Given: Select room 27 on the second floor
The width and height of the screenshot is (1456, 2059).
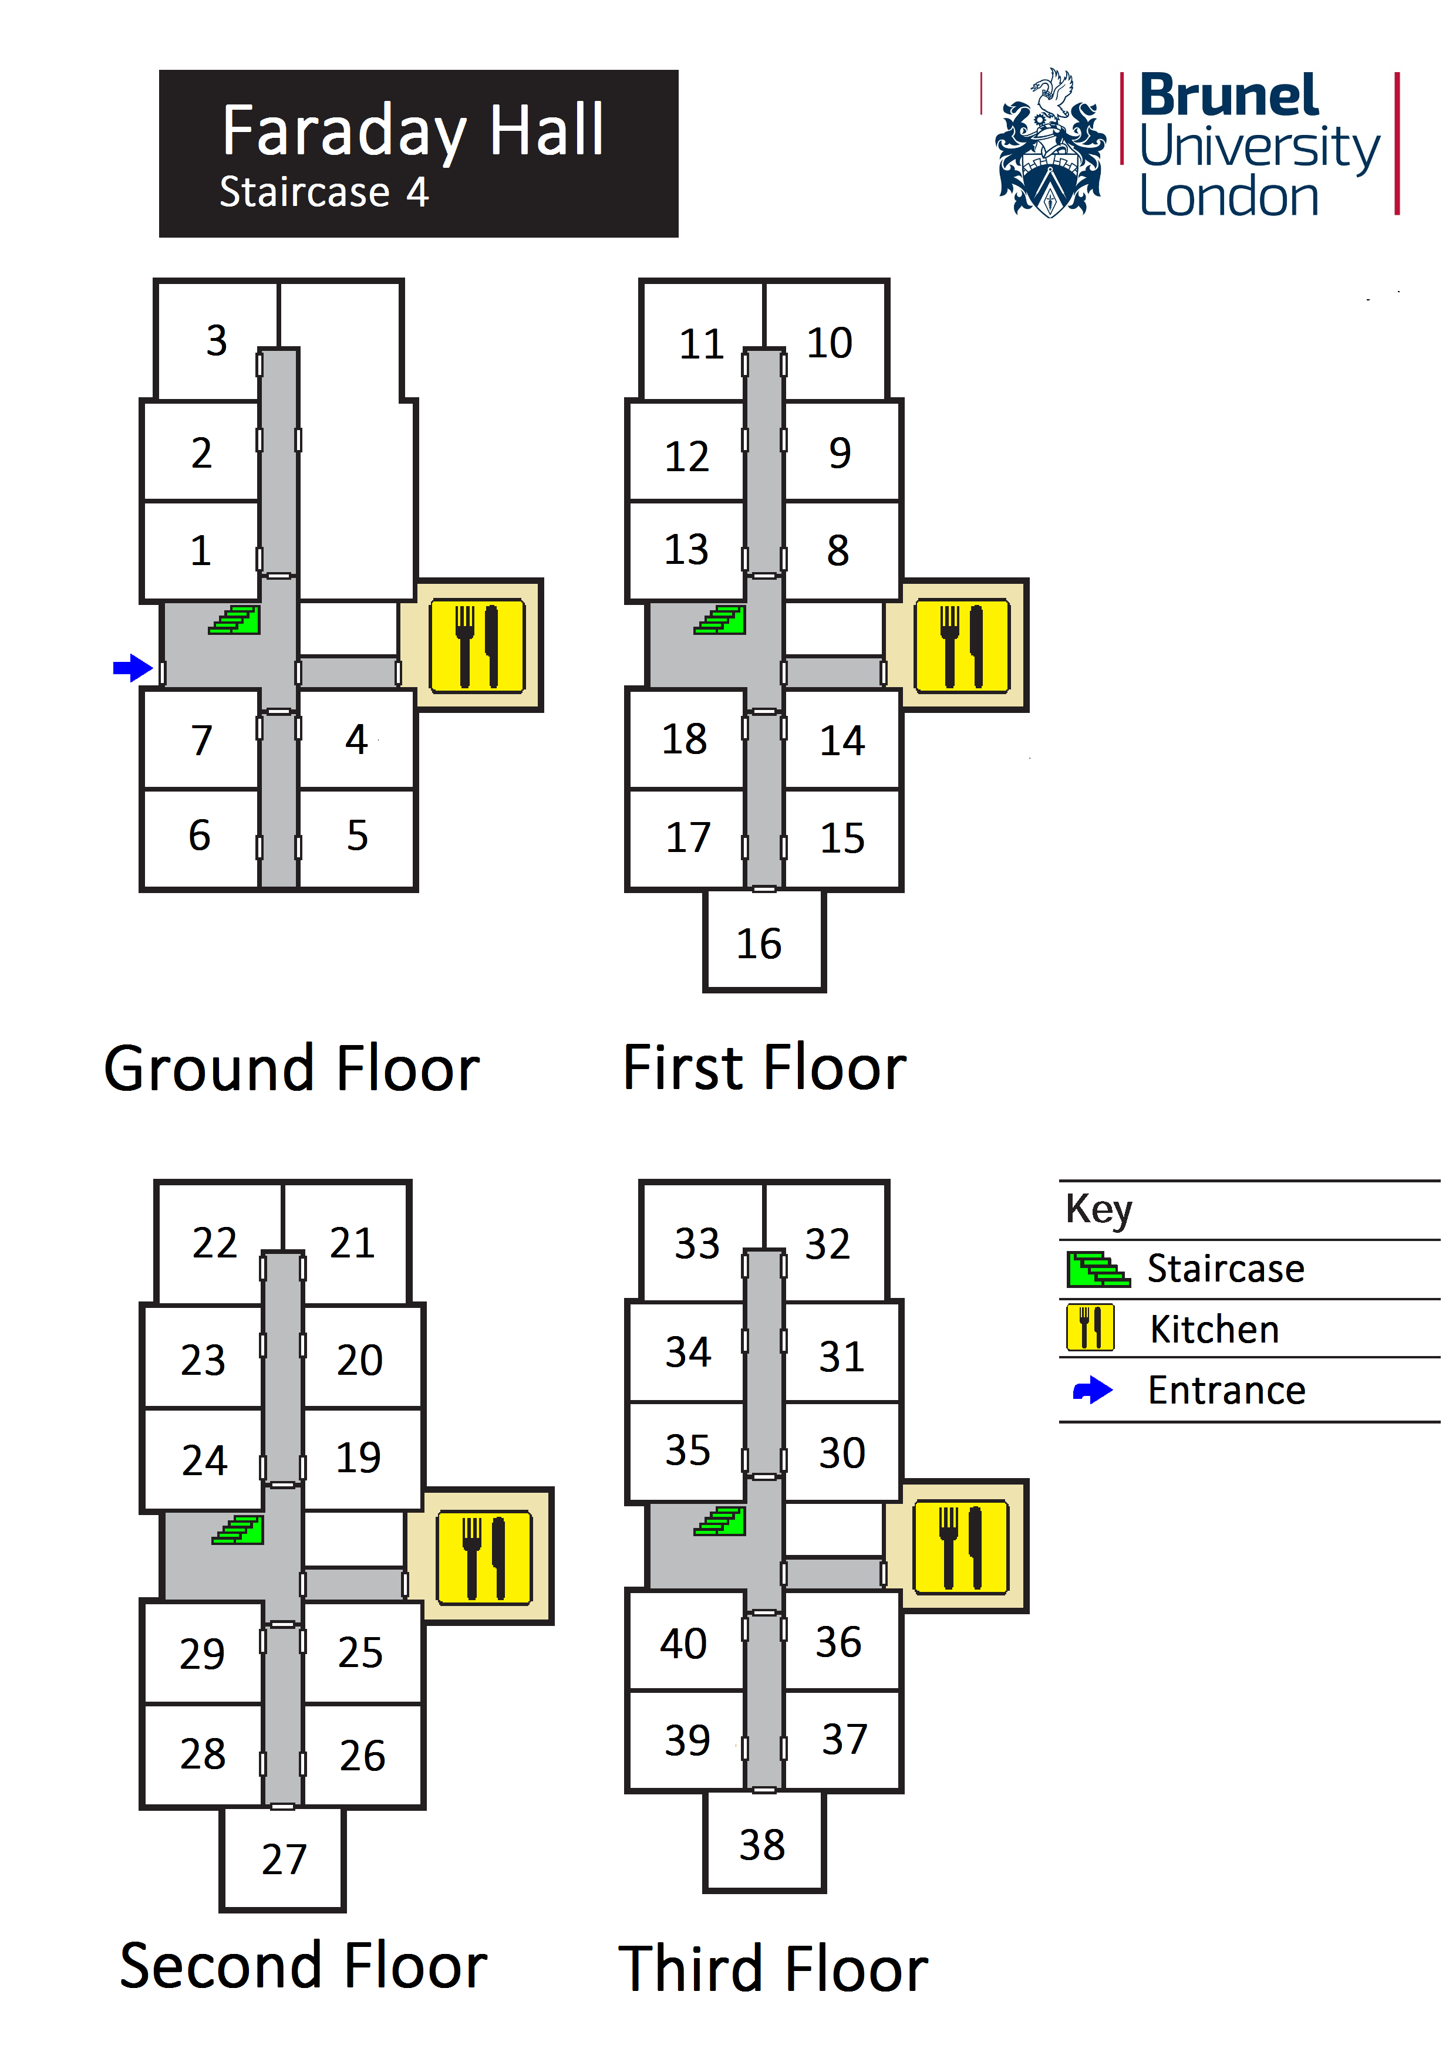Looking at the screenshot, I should click(284, 1859).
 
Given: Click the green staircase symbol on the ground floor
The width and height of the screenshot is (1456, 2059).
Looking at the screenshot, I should click(235, 620).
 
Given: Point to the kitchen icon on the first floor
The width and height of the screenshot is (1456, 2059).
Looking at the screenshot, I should click(962, 645).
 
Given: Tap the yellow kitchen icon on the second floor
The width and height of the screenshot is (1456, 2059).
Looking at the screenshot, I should click(484, 1557).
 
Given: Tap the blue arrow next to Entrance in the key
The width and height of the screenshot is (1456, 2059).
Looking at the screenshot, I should click(1093, 1391).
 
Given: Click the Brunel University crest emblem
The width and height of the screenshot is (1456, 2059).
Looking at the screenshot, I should click(1050, 144).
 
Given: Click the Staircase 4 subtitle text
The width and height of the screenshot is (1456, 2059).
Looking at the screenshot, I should click(324, 192).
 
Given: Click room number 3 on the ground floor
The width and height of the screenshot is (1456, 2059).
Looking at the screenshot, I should click(216, 341).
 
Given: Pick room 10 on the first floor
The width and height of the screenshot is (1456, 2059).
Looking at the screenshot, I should click(829, 343).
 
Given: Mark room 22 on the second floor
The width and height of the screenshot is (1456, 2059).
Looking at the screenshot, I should click(214, 1243).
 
